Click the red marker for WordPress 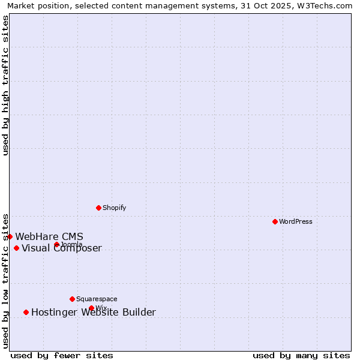(275, 221)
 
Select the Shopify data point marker (98, 208)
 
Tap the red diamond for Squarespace (72, 299)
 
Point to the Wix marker (91, 308)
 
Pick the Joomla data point (56, 244)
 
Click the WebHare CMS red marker (10, 236)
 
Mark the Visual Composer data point (16, 248)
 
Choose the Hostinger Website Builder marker (26, 312)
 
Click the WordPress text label (295, 221)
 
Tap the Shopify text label (114, 208)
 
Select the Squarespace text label (97, 299)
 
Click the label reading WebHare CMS (49, 236)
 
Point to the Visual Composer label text (62, 248)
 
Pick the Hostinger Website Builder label (93, 312)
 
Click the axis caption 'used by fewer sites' (62, 355)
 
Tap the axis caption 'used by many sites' (301, 355)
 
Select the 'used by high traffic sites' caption (5, 85)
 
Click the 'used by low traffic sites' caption (5, 280)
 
